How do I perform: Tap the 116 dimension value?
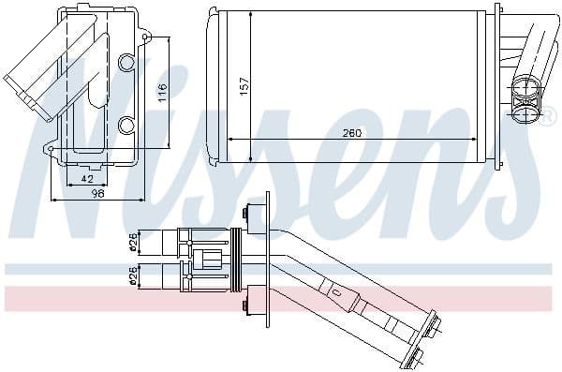pos(162,92)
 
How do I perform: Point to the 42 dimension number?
pos(86,178)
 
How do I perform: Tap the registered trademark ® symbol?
pos(549,117)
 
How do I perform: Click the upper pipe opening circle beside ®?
pos(524,92)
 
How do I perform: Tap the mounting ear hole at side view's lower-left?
pos(49,147)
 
